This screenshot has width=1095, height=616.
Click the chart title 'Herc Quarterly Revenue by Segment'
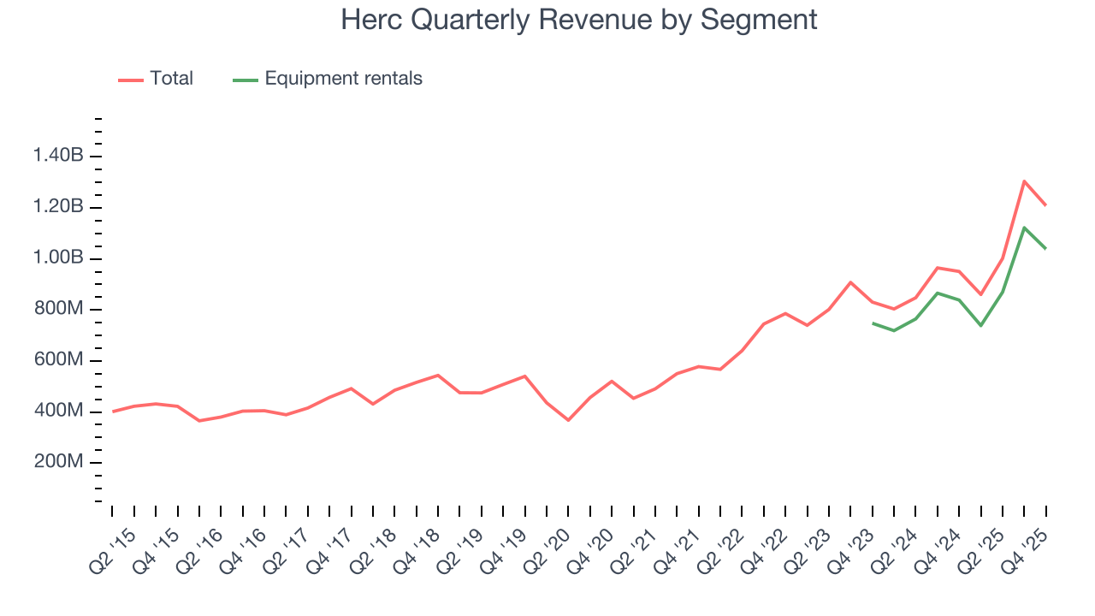(579, 19)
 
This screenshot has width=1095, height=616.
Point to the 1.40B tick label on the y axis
(58, 156)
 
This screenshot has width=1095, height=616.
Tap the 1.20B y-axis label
(58, 207)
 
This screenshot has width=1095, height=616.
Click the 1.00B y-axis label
(58, 258)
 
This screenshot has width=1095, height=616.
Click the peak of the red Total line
(1024, 181)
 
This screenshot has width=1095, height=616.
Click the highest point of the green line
(1024, 227)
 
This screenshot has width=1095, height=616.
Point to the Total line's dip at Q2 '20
(568, 420)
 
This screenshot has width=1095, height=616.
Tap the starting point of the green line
(873, 323)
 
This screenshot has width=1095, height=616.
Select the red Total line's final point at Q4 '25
(1045, 205)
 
